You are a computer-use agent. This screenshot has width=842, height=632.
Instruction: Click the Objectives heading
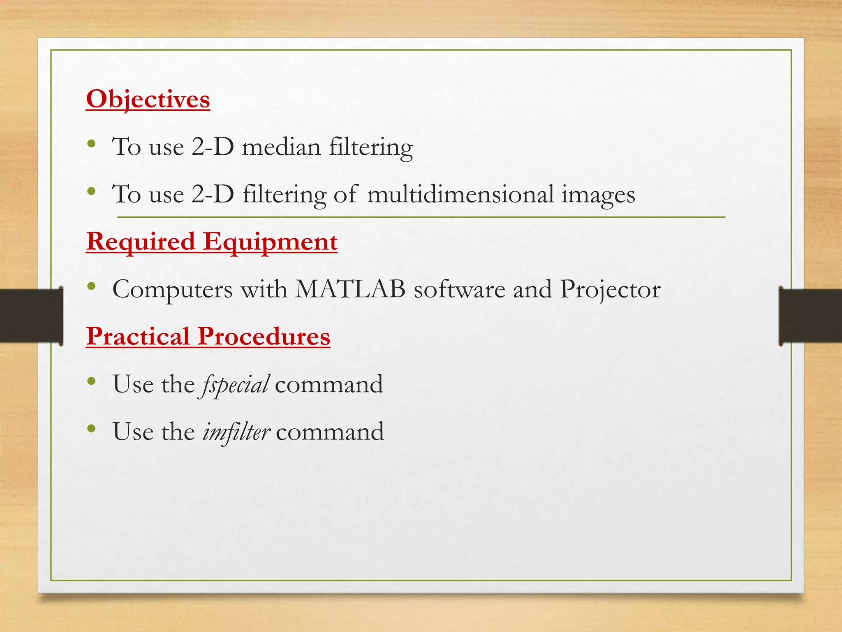148,99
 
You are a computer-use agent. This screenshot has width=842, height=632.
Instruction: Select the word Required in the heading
141,242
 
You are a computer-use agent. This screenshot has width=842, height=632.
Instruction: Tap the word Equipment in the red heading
270,242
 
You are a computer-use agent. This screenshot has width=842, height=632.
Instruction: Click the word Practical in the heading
138,336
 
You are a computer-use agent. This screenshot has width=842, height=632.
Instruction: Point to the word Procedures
264,336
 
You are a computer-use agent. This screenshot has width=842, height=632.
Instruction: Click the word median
281,147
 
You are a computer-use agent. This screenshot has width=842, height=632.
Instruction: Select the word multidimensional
460,194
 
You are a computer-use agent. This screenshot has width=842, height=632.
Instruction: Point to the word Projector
610,290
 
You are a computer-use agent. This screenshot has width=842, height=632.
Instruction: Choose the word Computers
173,290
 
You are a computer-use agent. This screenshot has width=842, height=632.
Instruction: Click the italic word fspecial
235,385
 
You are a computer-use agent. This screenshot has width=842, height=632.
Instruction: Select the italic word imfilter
236,432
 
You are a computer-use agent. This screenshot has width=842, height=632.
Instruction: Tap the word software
459,289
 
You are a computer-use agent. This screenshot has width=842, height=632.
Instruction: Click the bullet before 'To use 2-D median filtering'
92,144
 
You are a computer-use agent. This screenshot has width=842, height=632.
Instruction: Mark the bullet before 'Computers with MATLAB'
92,286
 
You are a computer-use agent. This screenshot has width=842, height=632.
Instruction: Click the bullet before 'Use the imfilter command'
92,429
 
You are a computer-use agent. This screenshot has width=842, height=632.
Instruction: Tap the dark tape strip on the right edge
810,316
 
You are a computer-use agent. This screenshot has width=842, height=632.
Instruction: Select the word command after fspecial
329,384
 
